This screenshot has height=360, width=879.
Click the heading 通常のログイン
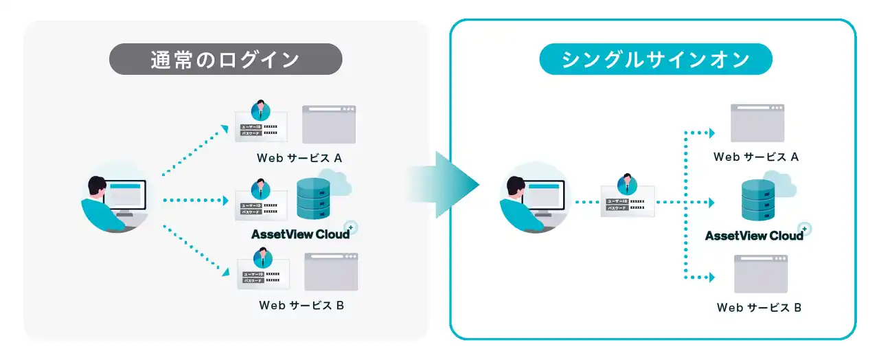pos(225,59)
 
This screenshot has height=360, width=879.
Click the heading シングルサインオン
pos(655,59)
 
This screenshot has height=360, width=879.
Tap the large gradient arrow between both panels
pos(443,184)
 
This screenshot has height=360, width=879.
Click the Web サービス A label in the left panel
pos(299,158)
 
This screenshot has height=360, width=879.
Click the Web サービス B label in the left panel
pos(301,305)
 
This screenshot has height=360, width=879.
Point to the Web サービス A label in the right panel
pos(755,157)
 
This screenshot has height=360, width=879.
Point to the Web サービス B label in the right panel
pos(759,307)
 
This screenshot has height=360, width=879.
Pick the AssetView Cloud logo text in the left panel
pos(300,234)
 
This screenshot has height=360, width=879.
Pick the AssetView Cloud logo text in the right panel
pos(754,236)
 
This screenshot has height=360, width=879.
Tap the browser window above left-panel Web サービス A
pos(329,124)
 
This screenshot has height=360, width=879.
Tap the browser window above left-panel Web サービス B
pos(332,271)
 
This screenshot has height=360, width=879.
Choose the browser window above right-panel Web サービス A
pos(757,123)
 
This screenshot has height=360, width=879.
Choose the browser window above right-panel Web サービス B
pos(760,273)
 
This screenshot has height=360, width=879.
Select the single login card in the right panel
pos(627,199)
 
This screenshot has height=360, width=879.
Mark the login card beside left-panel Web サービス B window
pos(263,273)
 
